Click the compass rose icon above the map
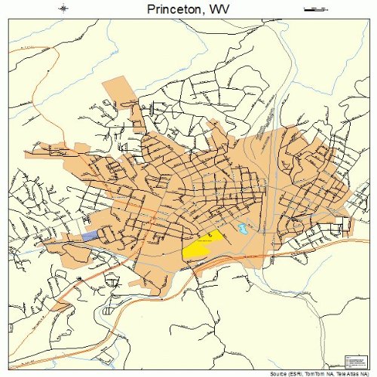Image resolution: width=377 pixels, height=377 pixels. [x=65, y=9]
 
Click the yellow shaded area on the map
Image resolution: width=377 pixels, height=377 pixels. [x=202, y=246]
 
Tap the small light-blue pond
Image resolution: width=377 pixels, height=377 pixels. [x=242, y=227]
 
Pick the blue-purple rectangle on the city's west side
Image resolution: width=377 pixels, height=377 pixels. [x=90, y=237]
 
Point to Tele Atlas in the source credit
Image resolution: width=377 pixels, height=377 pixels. [x=346, y=372]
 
